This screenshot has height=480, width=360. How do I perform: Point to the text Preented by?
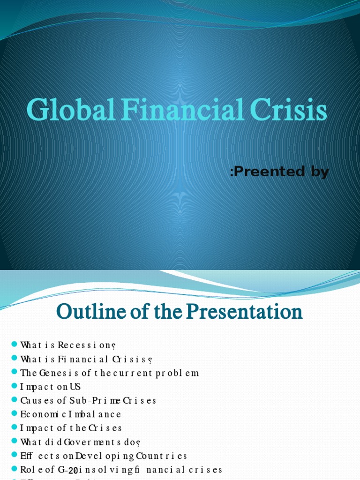(x=279, y=172)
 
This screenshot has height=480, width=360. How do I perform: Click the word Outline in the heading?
(x=86, y=311)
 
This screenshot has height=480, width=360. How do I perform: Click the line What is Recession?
(x=67, y=345)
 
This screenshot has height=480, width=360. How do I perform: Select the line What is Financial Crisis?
(x=86, y=360)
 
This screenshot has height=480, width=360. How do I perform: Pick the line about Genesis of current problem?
(x=110, y=373)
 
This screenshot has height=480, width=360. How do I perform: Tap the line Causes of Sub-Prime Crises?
(x=88, y=401)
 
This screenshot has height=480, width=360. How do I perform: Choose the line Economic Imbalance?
(x=70, y=414)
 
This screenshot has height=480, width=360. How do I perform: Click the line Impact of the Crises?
(x=71, y=428)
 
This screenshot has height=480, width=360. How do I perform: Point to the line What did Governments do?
(x=81, y=442)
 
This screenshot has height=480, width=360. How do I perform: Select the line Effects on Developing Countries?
(x=104, y=456)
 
